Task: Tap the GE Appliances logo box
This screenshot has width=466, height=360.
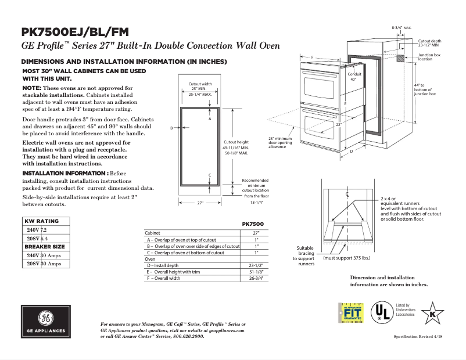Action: point(45,323)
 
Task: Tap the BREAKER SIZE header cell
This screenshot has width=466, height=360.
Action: point(45,247)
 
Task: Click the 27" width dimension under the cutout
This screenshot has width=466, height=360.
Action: point(200,203)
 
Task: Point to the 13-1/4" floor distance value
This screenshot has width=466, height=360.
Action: point(256,203)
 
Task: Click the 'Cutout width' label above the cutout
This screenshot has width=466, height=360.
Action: point(200,84)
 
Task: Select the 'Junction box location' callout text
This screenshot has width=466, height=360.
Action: point(429,56)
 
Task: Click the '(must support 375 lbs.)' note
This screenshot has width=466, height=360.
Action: point(347,257)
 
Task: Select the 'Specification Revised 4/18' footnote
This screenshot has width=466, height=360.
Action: point(418,337)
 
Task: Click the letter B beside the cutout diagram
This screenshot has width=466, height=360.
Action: point(171,128)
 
